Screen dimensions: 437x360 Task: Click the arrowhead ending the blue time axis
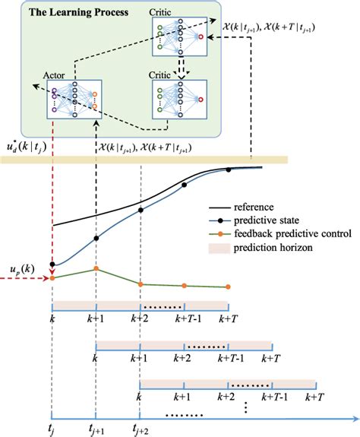(x=352, y=417)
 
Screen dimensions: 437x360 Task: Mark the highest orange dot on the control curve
(x=96, y=268)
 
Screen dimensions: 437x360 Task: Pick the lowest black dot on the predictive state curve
(x=52, y=264)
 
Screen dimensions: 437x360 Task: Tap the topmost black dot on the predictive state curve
(x=228, y=169)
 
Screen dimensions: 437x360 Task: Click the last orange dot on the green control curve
(x=228, y=287)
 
